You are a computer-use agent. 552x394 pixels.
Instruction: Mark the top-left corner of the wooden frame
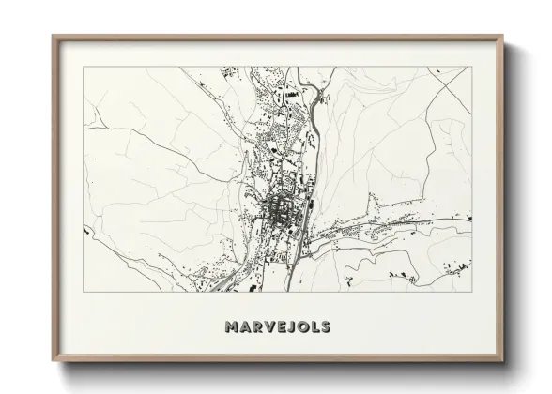click(53, 37)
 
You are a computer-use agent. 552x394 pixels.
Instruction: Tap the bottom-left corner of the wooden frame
click(53, 360)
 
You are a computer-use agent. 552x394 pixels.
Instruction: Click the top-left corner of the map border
click(84, 67)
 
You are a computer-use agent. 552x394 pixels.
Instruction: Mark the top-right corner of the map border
click(470, 67)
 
